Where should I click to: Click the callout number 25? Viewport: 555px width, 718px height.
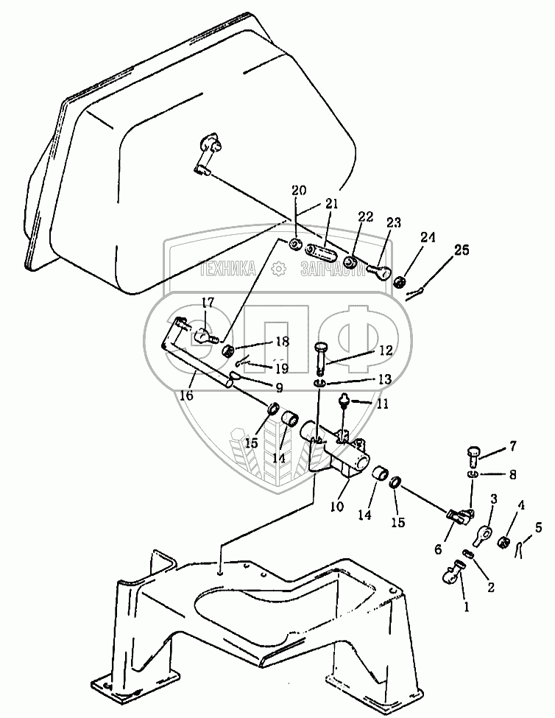(462, 250)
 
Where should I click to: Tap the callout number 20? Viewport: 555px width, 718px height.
(300, 190)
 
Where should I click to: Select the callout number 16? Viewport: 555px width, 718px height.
(187, 395)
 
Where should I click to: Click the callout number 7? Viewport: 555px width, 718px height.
(513, 446)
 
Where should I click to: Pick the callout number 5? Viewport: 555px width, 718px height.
(538, 528)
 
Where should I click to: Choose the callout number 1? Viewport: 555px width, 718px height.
(466, 608)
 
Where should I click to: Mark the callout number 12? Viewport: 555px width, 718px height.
(386, 351)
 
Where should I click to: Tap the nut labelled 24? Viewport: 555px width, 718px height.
(400, 281)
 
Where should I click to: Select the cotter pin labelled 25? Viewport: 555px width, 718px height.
(415, 294)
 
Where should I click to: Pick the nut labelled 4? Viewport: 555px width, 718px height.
(503, 542)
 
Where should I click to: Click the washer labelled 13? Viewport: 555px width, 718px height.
(320, 382)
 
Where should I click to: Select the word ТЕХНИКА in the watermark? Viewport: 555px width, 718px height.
(228, 270)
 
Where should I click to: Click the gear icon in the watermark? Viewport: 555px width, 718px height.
(277, 270)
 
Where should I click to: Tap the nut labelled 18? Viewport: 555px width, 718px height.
(228, 352)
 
